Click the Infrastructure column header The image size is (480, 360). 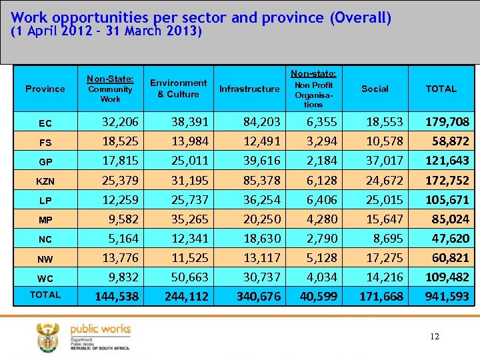pyautogui.click(x=249, y=89)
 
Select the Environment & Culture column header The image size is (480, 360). pyautogui.click(x=178, y=89)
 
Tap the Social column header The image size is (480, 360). pyautogui.click(x=375, y=89)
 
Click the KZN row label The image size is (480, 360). pyautogui.click(x=45, y=181)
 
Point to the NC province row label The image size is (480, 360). pyautogui.click(x=45, y=239)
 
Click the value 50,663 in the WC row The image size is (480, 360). pyautogui.click(x=189, y=277)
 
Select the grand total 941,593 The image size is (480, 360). pyautogui.click(x=447, y=296)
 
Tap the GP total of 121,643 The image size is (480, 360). pyautogui.click(x=447, y=161)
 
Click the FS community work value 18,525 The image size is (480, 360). pyautogui.click(x=120, y=141)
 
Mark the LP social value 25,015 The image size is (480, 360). pyautogui.click(x=384, y=199)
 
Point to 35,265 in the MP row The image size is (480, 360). pyautogui.click(x=189, y=219)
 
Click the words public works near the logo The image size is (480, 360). pyautogui.click(x=100, y=329)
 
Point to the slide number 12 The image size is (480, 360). pyautogui.click(x=435, y=337)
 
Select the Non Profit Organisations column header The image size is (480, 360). pyautogui.click(x=313, y=94)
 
